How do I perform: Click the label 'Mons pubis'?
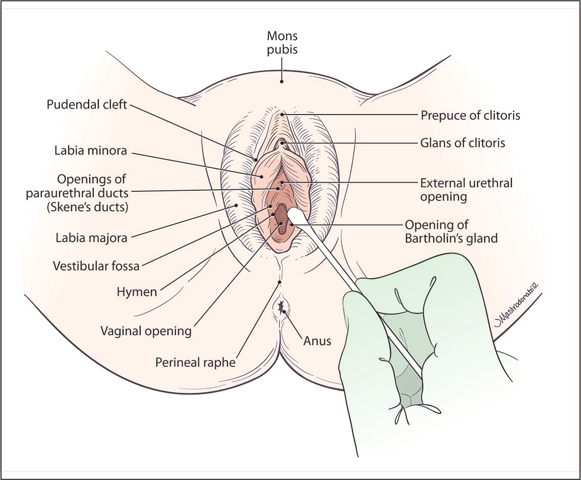[283, 42]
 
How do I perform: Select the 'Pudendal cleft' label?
[87, 105]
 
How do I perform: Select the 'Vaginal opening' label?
[146, 331]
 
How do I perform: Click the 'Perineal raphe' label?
[196, 362]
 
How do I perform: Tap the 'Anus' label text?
[317, 341]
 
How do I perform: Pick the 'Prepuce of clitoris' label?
[470, 116]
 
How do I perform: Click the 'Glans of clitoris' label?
[462, 143]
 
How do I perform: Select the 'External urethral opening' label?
[467, 189]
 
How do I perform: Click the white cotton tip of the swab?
[295, 217]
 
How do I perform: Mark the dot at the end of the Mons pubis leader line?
[282, 81]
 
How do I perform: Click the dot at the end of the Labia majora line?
[236, 205]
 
